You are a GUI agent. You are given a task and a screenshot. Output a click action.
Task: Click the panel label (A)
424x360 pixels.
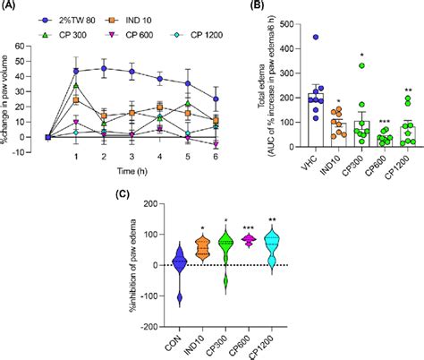tap(12, 7)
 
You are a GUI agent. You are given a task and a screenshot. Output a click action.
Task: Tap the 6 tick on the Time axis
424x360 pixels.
tap(215, 152)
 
